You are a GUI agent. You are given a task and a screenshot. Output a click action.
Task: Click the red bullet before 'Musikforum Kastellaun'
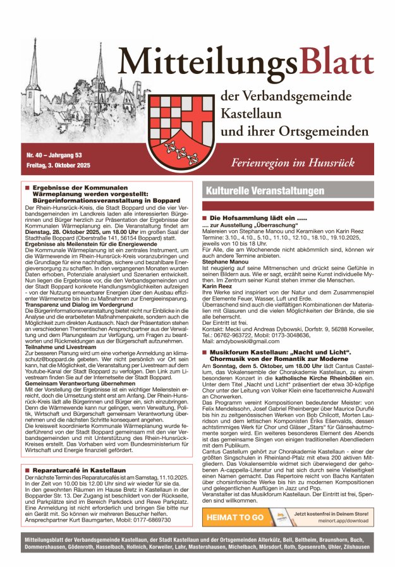(x=205, y=369)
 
